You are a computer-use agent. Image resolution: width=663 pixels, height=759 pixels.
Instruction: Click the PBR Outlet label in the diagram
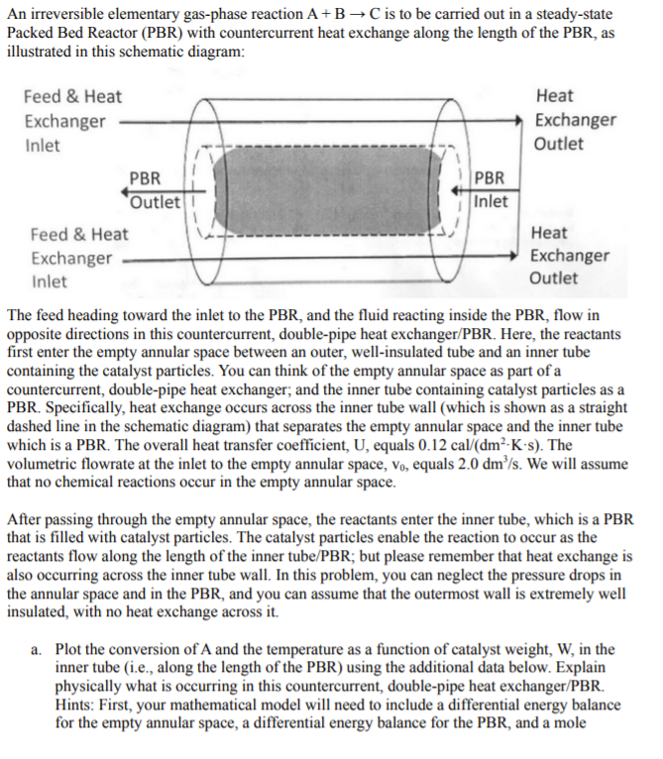[156, 190]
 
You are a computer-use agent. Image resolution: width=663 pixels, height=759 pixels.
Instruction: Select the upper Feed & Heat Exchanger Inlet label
[72, 121]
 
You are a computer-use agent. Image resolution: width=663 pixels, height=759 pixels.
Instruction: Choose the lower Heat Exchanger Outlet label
[569, 256]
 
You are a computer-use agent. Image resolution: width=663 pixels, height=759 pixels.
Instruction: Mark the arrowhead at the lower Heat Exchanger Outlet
[519, 257]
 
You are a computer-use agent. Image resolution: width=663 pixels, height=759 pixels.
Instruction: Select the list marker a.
[36, 650]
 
